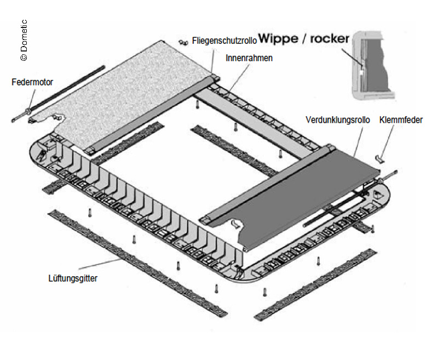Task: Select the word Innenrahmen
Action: [x=249, y=57]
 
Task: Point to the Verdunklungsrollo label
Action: [x=338, y=119]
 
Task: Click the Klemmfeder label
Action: [x=401, y=119]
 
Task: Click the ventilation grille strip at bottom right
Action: [x=315, y=285]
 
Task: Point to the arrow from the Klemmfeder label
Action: [x=386, y=142]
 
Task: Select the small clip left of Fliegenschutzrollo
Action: [x=183, y=42]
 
